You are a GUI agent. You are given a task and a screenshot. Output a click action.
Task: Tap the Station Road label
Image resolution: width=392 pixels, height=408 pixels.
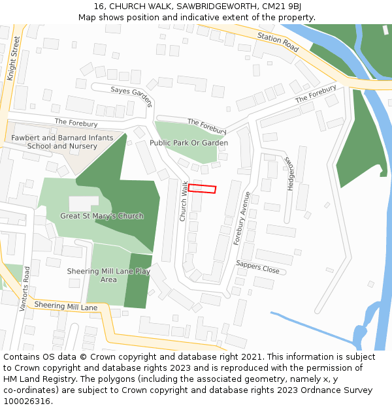278,42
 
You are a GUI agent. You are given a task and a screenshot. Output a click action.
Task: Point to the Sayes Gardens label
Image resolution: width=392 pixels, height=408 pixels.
131,95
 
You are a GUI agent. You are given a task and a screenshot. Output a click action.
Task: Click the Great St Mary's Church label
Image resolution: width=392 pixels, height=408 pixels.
101,216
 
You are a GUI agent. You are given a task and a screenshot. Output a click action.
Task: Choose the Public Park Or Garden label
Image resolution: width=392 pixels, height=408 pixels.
189,142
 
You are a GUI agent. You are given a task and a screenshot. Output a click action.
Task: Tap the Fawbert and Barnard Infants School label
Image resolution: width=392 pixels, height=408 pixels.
62,142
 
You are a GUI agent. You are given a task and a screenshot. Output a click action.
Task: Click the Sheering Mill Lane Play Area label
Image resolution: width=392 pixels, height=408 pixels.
108,275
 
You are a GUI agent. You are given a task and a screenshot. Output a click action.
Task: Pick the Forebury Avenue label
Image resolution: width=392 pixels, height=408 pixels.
242,218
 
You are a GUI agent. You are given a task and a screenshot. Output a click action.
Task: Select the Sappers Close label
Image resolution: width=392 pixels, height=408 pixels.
257,267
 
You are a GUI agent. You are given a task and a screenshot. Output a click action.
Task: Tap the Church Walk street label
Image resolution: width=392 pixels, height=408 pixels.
184,200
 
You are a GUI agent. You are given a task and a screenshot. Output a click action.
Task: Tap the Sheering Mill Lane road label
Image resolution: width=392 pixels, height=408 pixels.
65,306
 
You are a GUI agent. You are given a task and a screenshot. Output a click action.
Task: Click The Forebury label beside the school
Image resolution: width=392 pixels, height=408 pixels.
76,123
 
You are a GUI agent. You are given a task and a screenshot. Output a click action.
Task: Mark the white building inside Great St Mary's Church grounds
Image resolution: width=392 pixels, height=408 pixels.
84,203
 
